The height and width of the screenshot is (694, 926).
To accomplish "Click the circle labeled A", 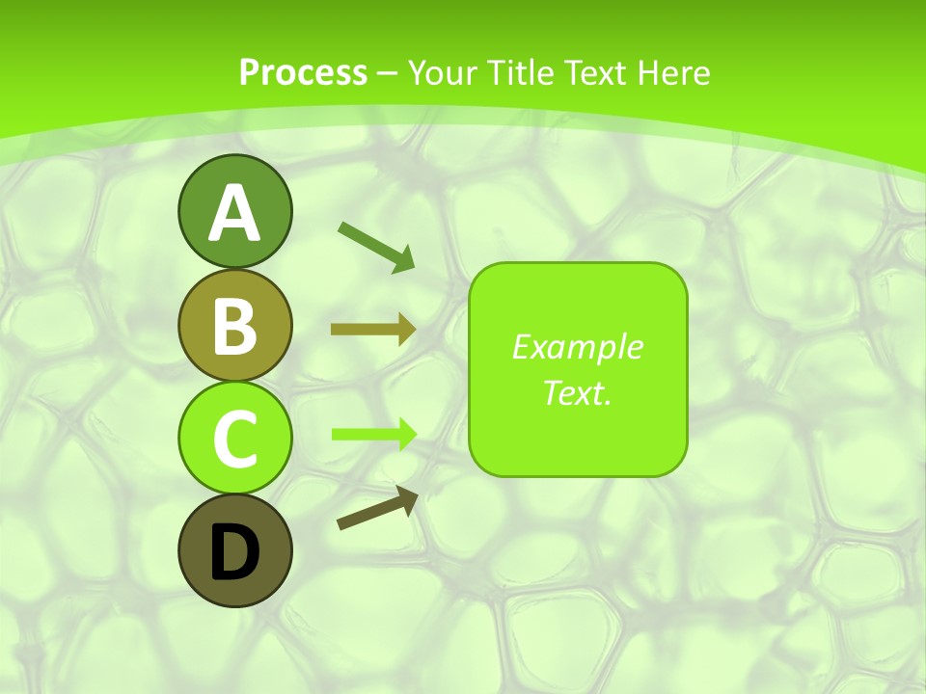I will (x=234, y=211).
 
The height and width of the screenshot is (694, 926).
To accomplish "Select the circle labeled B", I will (x=234, y=325).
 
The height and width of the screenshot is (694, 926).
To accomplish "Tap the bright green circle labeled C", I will (x=234, y=438).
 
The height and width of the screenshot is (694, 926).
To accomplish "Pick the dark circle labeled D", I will (x=234, y=550).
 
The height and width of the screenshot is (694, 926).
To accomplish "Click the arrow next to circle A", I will (x=376, y=246).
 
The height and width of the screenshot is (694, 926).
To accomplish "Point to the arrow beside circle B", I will (x=372, y=330).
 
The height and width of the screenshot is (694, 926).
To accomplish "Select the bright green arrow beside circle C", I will (x=373, y=434).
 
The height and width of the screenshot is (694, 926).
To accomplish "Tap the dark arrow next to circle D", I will (x=377, y=508).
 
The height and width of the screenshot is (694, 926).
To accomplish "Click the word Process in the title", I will (x=303, y=73).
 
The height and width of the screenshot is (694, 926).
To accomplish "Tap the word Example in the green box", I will (x=577, y=347).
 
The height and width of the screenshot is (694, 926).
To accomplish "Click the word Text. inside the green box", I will (x=577, y=393).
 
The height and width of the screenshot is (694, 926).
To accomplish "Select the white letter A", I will (x=234, y=213).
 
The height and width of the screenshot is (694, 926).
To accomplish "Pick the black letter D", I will (x=234, y=552).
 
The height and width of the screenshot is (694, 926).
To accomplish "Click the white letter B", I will (x=234, y=326).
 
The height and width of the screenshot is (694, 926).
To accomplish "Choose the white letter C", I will (x=234, y=439).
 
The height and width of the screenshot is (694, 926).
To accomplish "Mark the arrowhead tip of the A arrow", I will (x=413, y=269).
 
